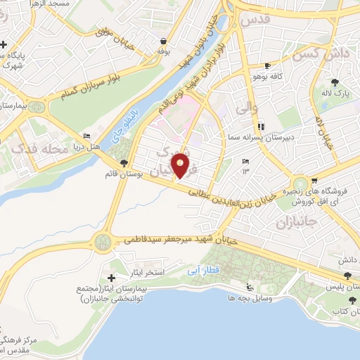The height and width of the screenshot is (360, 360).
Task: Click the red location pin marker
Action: tap(182, 167)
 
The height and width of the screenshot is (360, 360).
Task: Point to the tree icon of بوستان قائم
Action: tap(124, 163)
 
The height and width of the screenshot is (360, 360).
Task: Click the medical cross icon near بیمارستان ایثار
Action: tap(111, 279)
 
